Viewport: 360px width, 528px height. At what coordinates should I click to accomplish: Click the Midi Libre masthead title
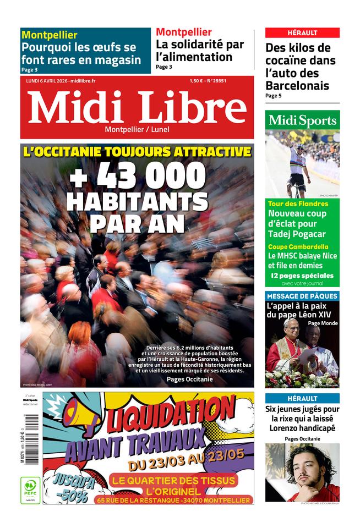(137, 107)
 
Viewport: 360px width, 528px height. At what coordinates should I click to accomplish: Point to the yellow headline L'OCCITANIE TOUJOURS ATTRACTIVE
(137, 152)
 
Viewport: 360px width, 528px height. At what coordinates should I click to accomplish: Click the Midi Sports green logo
(302, 120)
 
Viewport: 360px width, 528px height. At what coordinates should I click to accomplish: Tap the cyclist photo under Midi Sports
(302, 164)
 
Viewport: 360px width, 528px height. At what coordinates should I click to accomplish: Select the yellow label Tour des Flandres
(298, 204)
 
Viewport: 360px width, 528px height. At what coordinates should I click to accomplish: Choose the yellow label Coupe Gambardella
(298, 247)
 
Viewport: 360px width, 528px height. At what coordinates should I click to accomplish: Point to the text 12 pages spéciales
(302, 276)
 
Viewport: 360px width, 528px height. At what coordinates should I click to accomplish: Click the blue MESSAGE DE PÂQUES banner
(302, 296)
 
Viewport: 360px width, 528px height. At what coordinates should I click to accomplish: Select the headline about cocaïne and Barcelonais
(299, 67)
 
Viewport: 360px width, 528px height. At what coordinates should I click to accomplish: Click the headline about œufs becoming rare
(81, 53)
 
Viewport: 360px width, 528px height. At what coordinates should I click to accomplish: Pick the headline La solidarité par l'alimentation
(199, 50)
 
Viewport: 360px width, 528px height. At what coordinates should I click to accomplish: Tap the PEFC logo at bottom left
(30, 490)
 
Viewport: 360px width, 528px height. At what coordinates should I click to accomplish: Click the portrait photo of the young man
(302, 472)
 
